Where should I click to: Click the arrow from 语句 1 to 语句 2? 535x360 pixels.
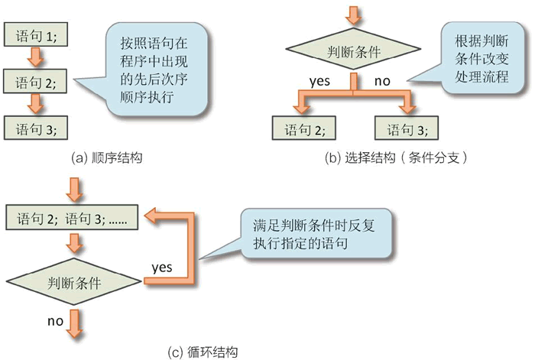click(x=34, y=57)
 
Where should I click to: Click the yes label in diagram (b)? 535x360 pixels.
click(x=319, y=79)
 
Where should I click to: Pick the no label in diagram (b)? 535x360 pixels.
click(x=381, y=79)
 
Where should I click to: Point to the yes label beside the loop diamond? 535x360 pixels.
click(x=161, y=268)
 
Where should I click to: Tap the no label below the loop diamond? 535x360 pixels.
click(x=54, y=321)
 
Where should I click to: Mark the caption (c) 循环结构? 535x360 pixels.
click(x=203, y=352)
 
